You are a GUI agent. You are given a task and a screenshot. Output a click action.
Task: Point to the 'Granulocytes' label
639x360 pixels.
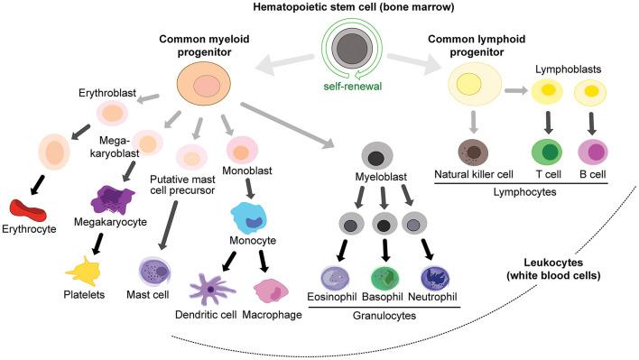pyautogui.click(x=385, y=318)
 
